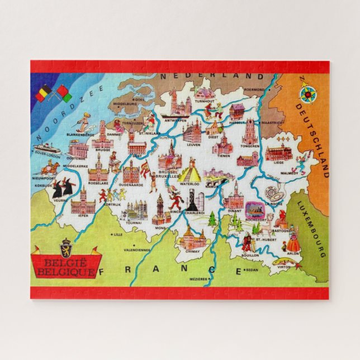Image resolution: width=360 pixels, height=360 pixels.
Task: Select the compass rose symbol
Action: click(306, 94)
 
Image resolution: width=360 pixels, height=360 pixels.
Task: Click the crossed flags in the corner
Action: click(54, 93)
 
